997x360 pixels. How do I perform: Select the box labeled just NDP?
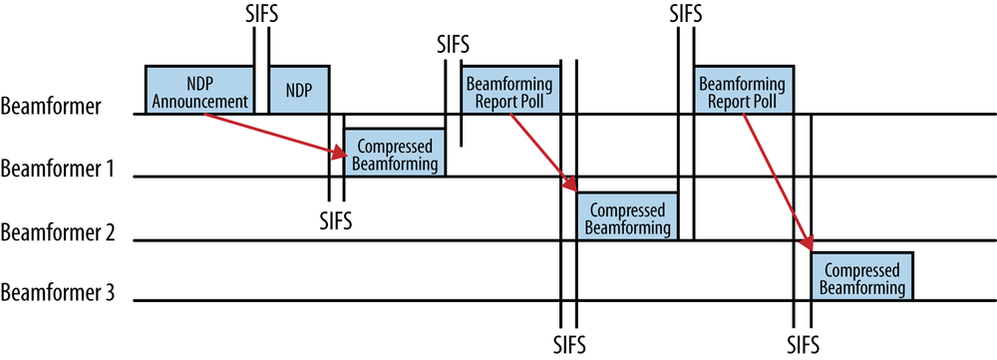click(x=298, y=90)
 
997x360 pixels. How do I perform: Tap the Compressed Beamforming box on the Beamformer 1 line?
click(x=394, y=153)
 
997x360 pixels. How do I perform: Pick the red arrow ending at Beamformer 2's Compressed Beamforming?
click(x=542, y=152)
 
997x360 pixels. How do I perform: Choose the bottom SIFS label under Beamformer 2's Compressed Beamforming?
click(x=568, y=343)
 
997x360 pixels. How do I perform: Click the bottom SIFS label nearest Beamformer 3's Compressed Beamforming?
click(x=802, y=343)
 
